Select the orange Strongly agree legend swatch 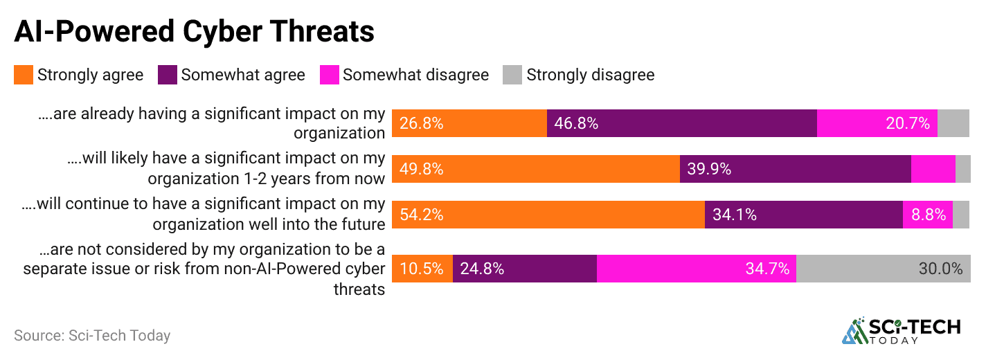[24, 75]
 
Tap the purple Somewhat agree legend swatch [168, 75]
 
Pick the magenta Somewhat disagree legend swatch [330, 75]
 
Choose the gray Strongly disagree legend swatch [513, 75]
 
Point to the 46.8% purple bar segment [681, 123]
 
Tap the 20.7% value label [907, 124]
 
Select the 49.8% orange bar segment [535, 169]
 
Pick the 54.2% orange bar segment [548, 215]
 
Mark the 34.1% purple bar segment [803, 215]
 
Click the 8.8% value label [929, 215]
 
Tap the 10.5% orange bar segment [422, 269]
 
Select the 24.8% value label [482, 269]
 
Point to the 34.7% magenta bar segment [696, 269]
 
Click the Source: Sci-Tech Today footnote [92, 336]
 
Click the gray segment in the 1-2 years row [962, 169]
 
